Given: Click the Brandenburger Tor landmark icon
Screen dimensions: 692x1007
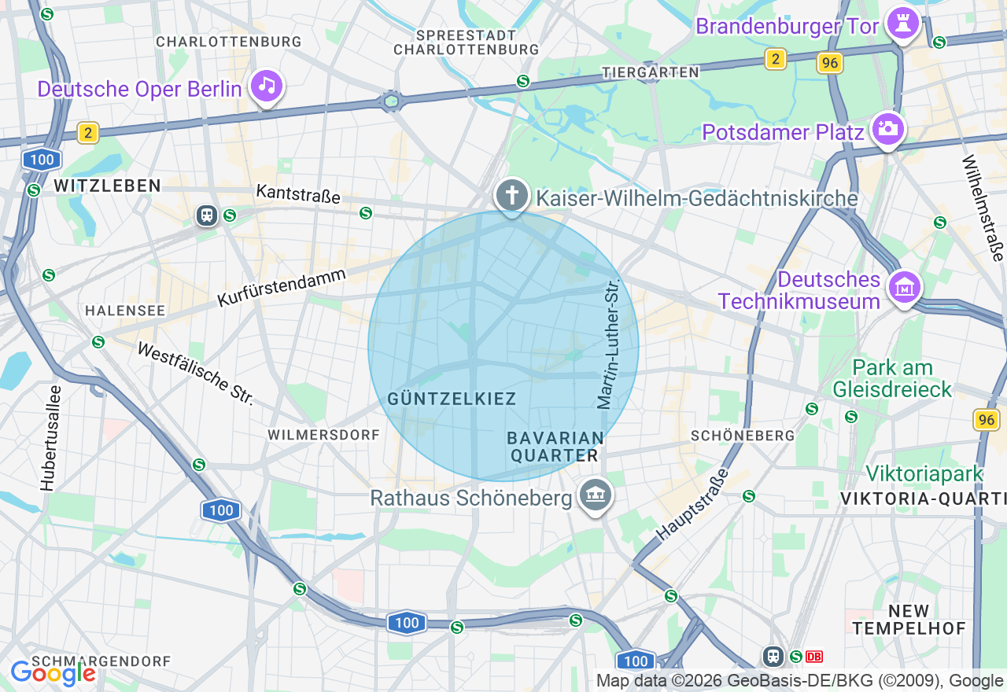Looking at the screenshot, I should tap(903, 24).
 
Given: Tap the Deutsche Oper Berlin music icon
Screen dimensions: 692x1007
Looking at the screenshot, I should tap(267, 86).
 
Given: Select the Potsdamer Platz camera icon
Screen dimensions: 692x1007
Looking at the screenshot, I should tap(888, 130).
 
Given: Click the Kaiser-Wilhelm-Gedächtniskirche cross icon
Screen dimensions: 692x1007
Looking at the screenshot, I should tap(512, 194).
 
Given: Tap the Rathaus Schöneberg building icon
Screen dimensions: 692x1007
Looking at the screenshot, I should tap(596, 495).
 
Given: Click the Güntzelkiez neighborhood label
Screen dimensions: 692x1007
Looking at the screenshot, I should tap(452, 399).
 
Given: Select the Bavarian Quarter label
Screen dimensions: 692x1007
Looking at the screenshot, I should tap(555, 446).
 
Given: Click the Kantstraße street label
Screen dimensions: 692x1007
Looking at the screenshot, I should tap(297, 193).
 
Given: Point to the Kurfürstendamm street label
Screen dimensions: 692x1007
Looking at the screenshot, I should tap(282, 288).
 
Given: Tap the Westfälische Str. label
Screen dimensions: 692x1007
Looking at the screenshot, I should tap(195, 373).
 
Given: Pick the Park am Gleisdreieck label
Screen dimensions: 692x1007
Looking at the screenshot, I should tap(892, 378).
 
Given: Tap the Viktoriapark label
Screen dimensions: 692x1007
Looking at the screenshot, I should tap(924, 473).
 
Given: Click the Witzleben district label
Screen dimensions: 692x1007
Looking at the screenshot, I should tap(107, 186).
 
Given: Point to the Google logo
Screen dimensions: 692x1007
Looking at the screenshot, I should tap(53, 672).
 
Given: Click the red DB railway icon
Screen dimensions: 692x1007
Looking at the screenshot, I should tap(814, 656).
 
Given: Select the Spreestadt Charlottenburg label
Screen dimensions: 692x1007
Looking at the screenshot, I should tap(466, 42).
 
